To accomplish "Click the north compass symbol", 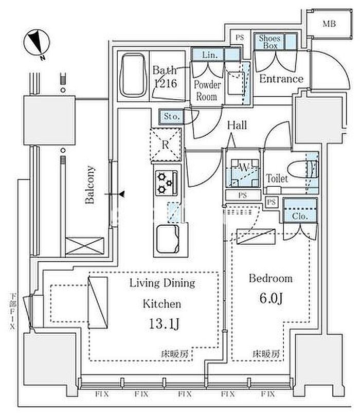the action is [37, 42].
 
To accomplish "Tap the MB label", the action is [329, 24].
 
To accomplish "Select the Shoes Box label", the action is [269, 42].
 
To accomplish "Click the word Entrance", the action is [281, 79].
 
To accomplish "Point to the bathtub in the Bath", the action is [133, 76].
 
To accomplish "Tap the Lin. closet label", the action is [210, 55].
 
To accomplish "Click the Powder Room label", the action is [207, 91].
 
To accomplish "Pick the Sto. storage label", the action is [172, 116].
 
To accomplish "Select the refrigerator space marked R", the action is [166, 145].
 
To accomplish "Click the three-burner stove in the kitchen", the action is [166, 183].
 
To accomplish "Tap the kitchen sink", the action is [168, 239].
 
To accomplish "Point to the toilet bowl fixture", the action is [302, 169].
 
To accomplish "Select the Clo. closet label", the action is [300, 216].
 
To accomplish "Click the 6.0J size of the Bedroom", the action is [271, 298].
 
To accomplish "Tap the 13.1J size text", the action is [164, 324].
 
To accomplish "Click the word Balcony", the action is [89, 185].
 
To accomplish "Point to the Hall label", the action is [237, 125].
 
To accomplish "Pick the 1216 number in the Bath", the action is [165, 84].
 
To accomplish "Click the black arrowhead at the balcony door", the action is [121, 194].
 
